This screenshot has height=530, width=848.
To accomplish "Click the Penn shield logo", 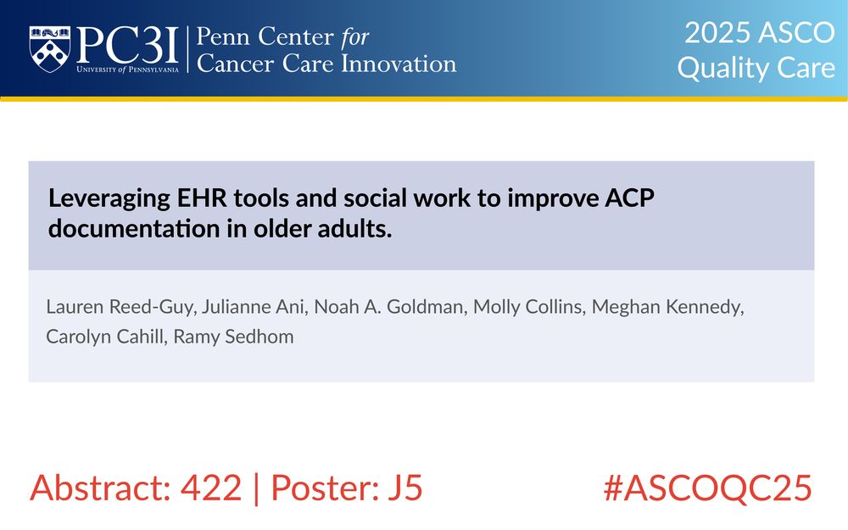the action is coord(50,49).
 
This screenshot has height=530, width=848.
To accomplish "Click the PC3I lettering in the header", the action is coord(128,46).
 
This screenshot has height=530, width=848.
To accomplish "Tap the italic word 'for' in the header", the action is coord(354,37).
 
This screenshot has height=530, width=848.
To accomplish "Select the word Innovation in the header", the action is coord(399,64).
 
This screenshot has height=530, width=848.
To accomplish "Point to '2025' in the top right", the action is coord(717,32).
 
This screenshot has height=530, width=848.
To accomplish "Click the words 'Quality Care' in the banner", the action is coord(756,68).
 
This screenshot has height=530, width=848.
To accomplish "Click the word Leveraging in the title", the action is coord(109,199).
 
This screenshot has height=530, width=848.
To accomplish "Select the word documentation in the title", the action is coord(134,229).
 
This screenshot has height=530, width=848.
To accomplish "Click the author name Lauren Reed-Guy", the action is coord(120,307).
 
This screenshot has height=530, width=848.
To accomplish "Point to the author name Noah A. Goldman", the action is coord(389,307).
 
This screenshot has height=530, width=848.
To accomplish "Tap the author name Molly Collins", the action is coord(527,307).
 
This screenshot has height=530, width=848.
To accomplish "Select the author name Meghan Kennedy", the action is coord(667,307).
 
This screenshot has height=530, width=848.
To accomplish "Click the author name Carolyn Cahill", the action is coord(105,337).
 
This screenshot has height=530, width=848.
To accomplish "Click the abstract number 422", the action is coord(211,488).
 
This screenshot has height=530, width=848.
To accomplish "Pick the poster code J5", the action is coord(404,488).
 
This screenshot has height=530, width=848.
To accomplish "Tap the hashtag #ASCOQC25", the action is coord(708,488).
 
